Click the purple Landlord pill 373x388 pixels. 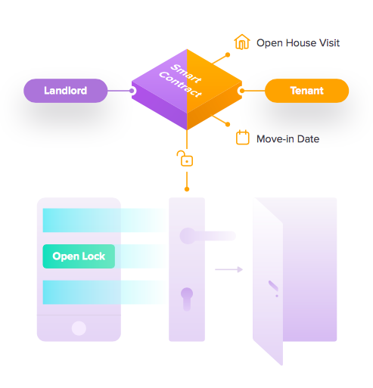click(x=66, y=91)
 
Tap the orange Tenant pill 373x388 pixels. click(x=306, y=91)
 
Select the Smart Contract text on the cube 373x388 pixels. click(x=181, y=81)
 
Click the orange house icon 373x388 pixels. click(x=242, y=42)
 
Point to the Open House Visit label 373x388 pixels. click(x=298, y=43)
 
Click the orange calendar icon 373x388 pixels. click(x=243, y=138)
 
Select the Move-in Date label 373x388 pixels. click(x=288, y=139)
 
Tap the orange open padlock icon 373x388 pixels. click(x=185, y=159)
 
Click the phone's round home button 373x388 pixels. click(x=79, y=328)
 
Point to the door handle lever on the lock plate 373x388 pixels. click(x=207, y=236)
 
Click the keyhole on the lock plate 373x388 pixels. click(x=187, y=300)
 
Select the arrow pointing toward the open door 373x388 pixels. click(x=228, y=269)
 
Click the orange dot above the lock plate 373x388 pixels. click(x=187, y=189)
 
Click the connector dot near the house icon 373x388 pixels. click(x=228, y=54)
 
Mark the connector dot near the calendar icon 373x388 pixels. click(x=228, y=124)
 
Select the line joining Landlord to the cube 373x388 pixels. click(x=119, y=91)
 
